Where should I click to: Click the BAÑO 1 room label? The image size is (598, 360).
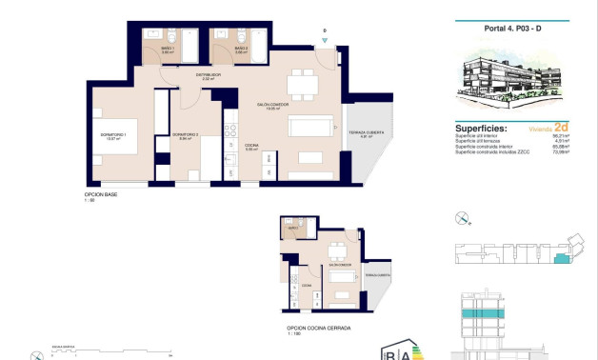tap(168, 50)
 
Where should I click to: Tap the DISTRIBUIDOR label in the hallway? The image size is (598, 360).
tap(209, 75)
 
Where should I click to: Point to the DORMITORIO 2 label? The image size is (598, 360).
tap(185, 135)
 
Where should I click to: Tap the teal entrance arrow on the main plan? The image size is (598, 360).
tap(325, 41)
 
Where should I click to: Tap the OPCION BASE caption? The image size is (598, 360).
tap(100, 194)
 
